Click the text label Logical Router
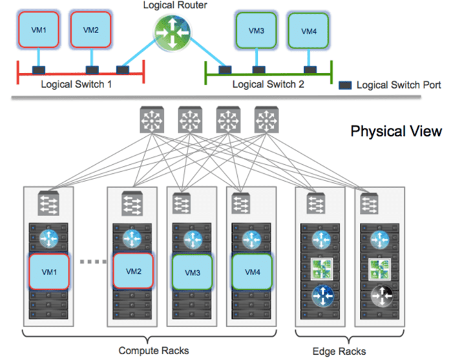[171, 6]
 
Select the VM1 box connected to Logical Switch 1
[38, 29]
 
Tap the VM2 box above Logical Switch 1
[90, 29]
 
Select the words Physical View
[396, 132]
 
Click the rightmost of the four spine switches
[265, 120]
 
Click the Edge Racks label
[340, 351]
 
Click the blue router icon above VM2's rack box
[133, 238]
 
